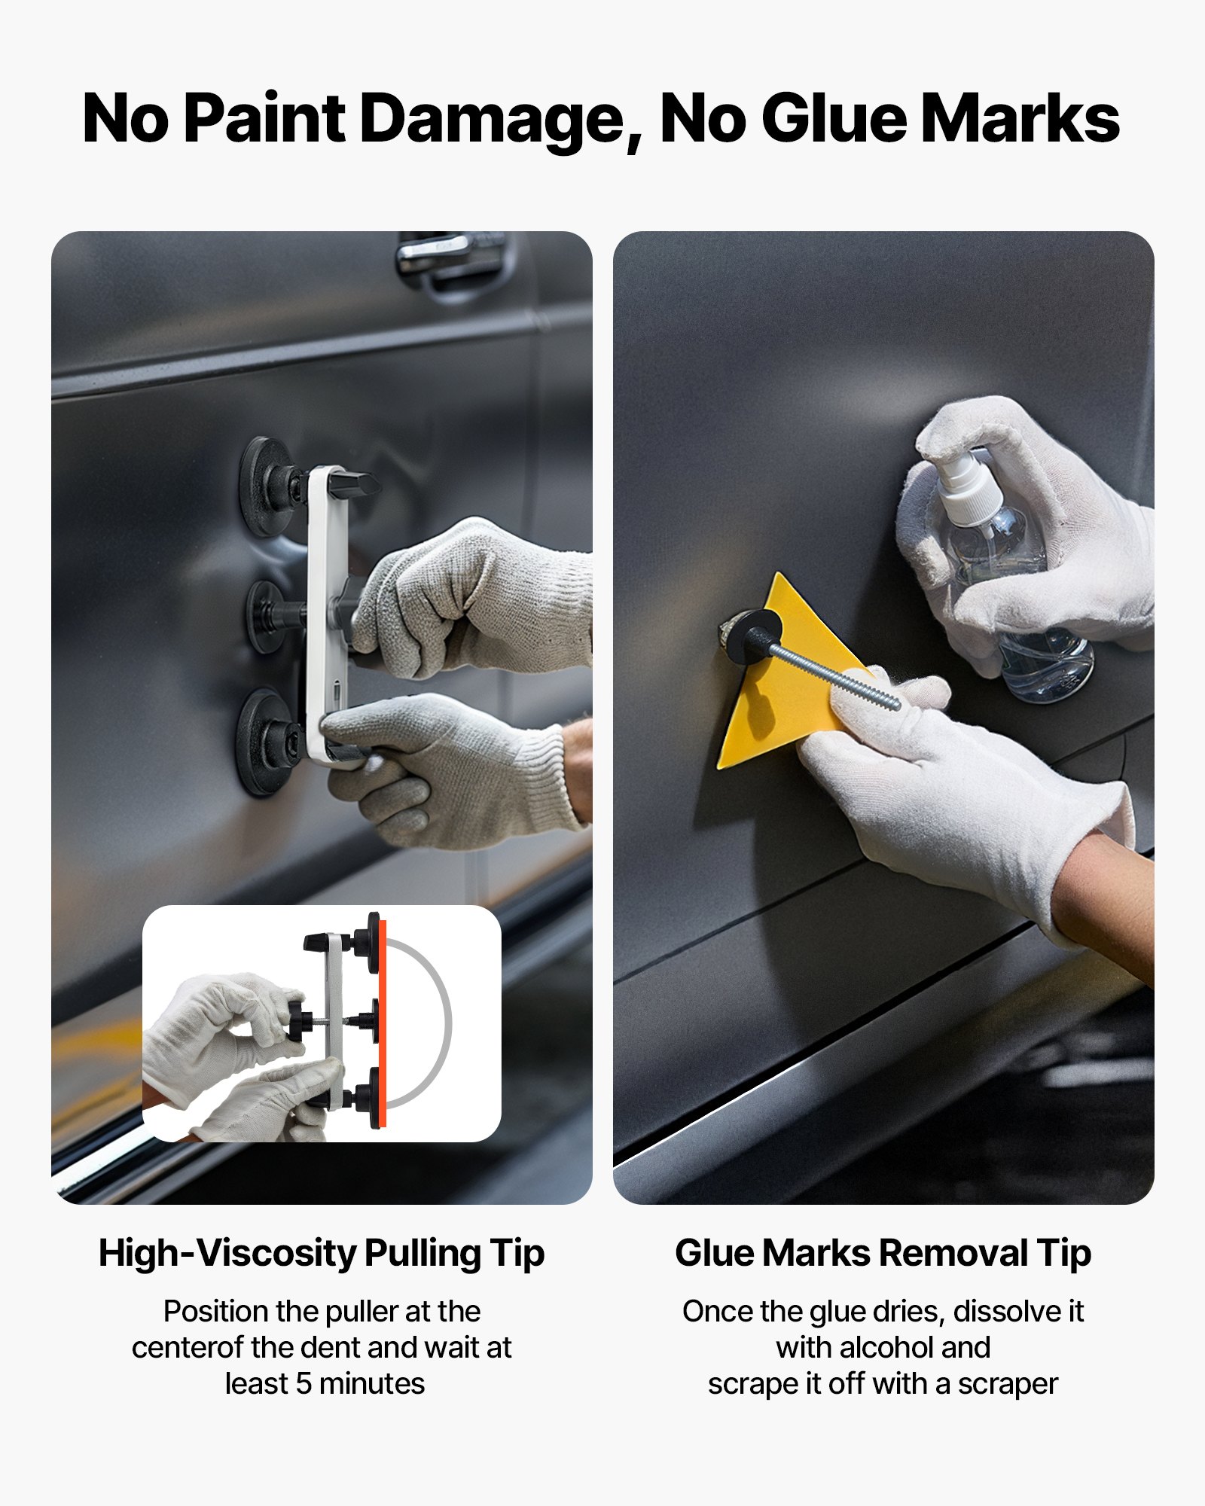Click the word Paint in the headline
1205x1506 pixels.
pos(264,118)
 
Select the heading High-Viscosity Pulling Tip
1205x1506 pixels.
pos(322,1254)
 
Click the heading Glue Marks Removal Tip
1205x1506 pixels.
pos(883,1254)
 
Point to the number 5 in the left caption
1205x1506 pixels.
pos(304,1384)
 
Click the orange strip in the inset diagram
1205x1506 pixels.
pos(382,1024)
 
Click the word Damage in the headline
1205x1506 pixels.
pos(500,118)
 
